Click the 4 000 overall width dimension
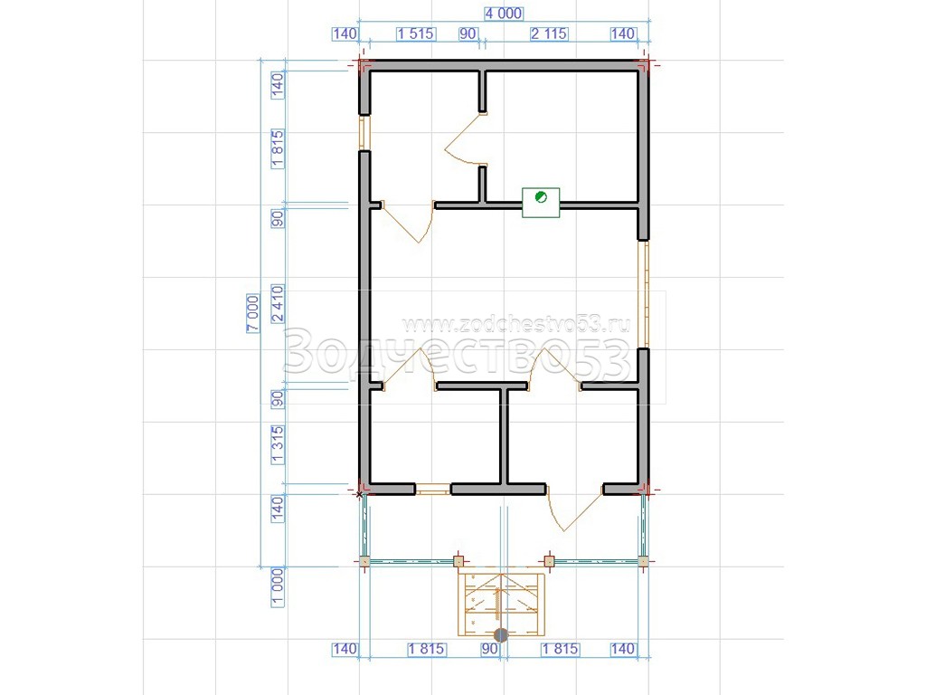503,14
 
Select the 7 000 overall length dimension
253,313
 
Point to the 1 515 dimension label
416,33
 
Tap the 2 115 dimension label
549,33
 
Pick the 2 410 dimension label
277,304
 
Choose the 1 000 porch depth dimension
277,587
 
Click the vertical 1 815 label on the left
277,149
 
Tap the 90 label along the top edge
468,33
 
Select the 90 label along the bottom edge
489,649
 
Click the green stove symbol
541,203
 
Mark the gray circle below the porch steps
501,635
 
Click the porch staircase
501,603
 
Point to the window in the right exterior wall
644,294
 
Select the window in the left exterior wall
364,132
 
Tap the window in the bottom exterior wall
433,490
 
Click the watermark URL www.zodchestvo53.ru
515,325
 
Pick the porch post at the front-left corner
364,561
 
